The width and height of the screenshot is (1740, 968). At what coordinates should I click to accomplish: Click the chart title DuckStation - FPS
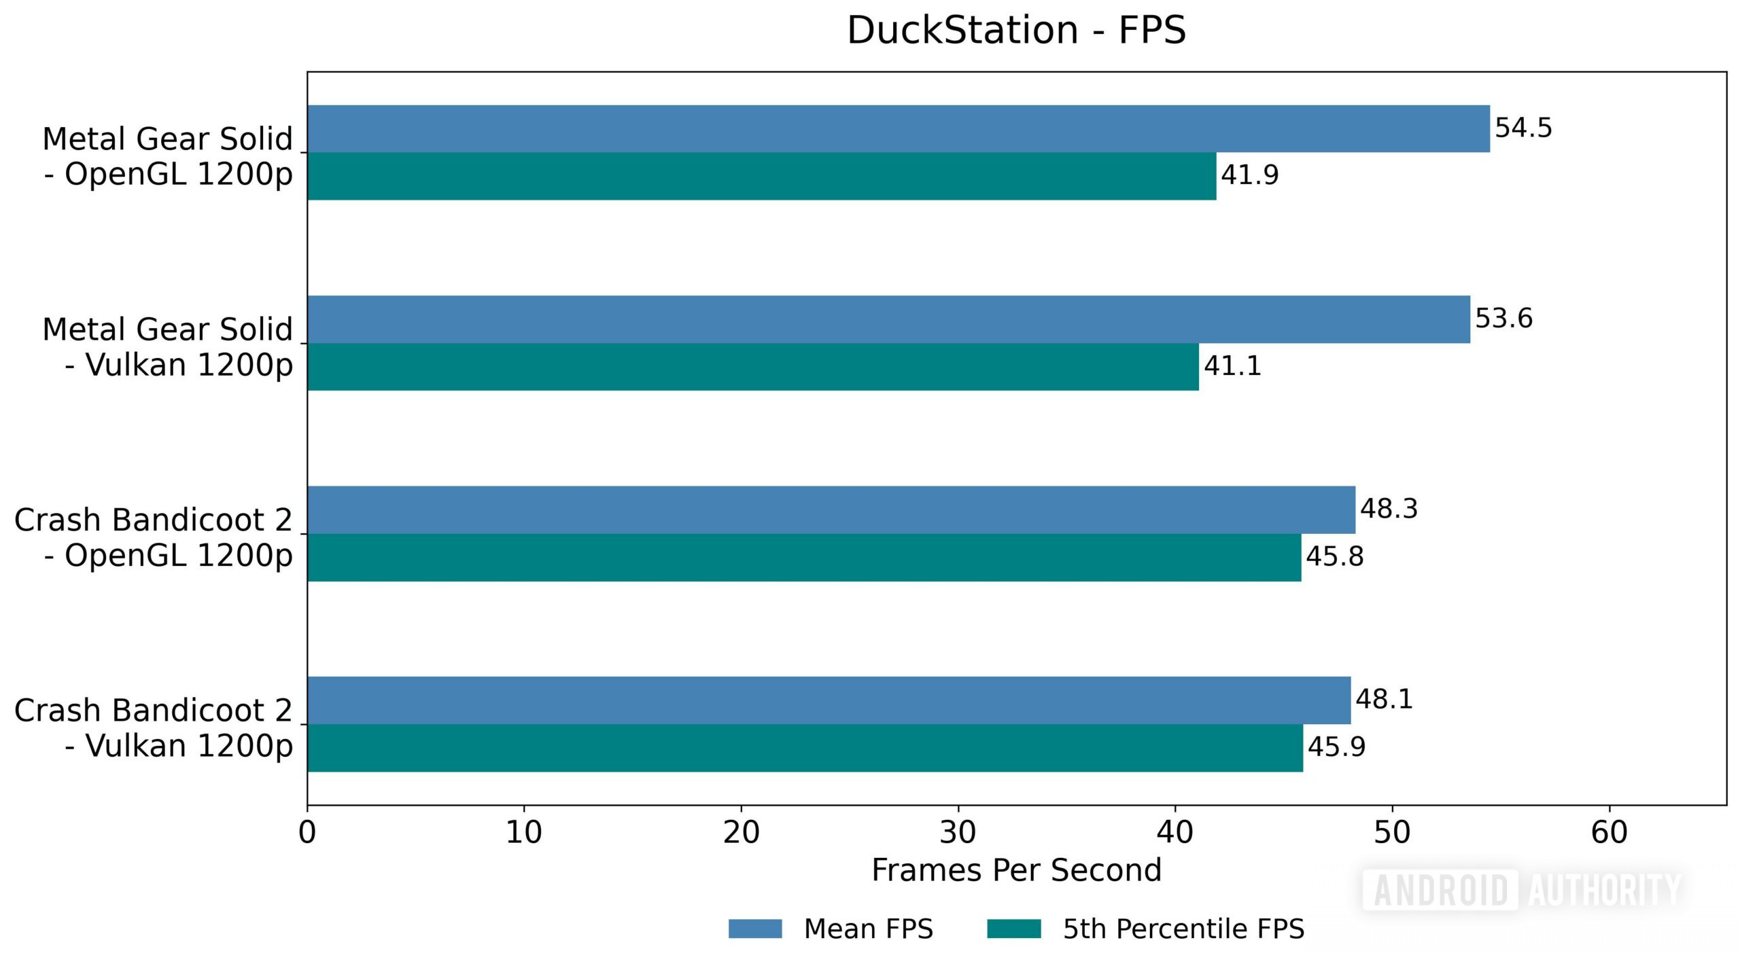pyautogui.click(x=1016, y=31)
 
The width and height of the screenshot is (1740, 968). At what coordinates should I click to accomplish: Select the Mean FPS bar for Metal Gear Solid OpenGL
pyautogui.click(x=897, y=128)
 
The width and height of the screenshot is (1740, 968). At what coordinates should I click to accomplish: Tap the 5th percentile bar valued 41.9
pyautogui.click(x=761, y=176)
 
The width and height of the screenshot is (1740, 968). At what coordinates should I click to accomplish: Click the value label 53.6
pyautogui.click(x=1503, y=319)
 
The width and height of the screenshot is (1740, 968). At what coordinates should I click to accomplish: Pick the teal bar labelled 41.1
pyautogui.click(x=752, y=367)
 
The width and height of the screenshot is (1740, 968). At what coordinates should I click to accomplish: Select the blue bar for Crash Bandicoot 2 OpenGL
pyautogui.click(x=831, y=509)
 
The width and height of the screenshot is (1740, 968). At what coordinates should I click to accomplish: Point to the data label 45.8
pyautogui.click(x=1334, y=556)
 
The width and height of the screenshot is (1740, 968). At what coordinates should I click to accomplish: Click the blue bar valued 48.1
pyautogui.click(x=829, y=700)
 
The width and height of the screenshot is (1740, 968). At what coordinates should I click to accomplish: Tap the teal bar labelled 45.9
pyautogui.click(x=805, y=748)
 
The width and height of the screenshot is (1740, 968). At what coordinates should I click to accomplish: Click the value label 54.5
pyautogui.click(x=1523, y=128)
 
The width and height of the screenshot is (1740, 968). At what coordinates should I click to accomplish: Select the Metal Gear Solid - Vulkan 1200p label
pyautogui.click(x=167, y=347)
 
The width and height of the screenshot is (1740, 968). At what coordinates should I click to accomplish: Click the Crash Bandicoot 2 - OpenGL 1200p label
pyautogui.click(x=154, y=537)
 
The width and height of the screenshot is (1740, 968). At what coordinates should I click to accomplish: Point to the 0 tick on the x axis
pyautogui.click(x=307, y=832)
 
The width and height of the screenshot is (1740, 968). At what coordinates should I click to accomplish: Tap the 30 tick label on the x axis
pyautogui.click(x=958, y=832)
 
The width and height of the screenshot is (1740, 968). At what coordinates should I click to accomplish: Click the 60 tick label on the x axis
pyautogui.click(x=1609, y=832)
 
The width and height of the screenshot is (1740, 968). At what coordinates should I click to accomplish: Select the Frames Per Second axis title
pyautogui.click(x=1016, y=870)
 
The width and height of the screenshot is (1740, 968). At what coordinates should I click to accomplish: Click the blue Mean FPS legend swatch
pyautogui.click(x=754, y=929)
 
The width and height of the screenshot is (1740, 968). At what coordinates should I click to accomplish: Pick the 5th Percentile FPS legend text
pyautogui.click(x=1183, y=929)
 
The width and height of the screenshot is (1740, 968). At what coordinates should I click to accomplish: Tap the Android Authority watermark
pyautogui.click(x=1522, y=889)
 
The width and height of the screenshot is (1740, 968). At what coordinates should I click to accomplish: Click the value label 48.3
pyautogui.click(x=1389, y=509)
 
